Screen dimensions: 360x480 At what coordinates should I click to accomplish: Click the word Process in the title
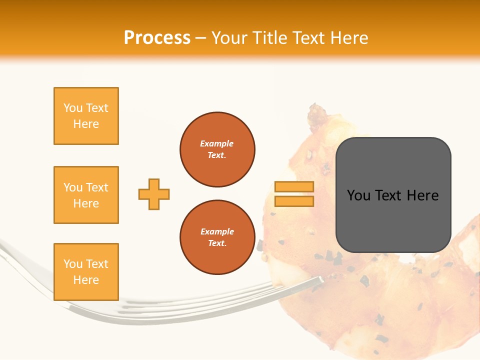coord(157,38)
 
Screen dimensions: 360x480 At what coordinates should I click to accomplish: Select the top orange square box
coord(86,116)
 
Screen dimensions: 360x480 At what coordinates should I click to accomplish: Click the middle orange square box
coord(86,195)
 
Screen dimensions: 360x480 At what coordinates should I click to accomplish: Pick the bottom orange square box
coord(86,272)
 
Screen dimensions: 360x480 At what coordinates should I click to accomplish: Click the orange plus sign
coord(154,194)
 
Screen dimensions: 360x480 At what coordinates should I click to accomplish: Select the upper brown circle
coord(217,149)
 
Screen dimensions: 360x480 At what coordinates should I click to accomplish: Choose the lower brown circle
coord(217,237)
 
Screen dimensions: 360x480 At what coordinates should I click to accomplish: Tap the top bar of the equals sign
coord(294,186)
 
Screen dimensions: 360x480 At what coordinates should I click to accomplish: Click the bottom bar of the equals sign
coord(294,201)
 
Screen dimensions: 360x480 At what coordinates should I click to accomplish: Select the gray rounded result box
coord(393,195)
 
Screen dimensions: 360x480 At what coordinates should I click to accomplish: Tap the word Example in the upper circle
coord(217,143)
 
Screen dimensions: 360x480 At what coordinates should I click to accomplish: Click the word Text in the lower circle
coord(216,243)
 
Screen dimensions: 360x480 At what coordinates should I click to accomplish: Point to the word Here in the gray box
coord(422,195)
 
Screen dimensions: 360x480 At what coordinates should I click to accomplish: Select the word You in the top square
coord(73,108)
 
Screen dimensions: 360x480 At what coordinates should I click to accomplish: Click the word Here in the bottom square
coord(86,280)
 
